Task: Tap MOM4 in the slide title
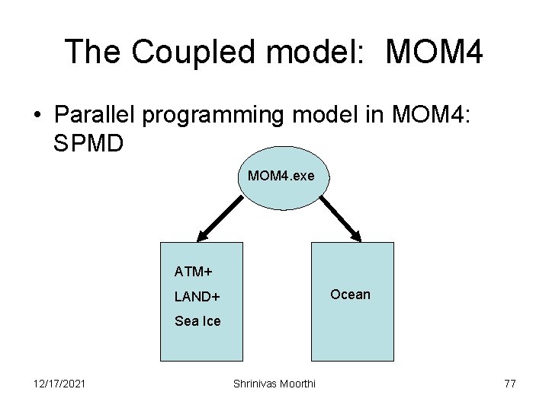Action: pyautogui.click(x=434, y=52)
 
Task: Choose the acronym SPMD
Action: pyautogui.click(x=88, y=142)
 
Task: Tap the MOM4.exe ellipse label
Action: pyautogui.click(x=281, y=176)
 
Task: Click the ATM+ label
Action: pyautogui.click(x=194, y=271)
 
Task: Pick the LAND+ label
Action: pyautogui.click(x=197, y=296)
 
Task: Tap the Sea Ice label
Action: pyautogui.click(x=197, y=321)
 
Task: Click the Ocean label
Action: pyautogui.click(x=350, y=295)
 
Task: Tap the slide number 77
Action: pyautogui.click(x=510, y=384)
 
